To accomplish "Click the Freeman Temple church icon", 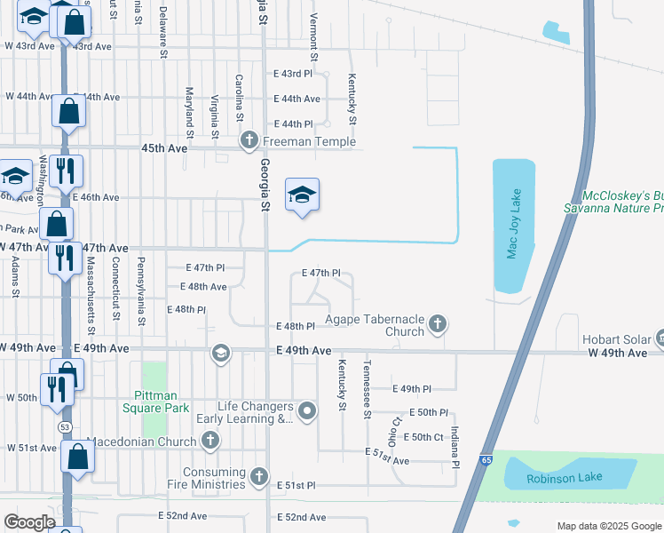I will coord(249,140).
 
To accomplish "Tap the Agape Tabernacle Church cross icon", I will coord(437,325).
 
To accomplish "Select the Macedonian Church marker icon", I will coord(210,441).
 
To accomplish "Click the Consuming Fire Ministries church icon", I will coord(259,477).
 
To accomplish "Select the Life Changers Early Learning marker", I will coord(307,410).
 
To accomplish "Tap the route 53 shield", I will coord(64,426).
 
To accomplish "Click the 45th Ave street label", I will coord(164,148).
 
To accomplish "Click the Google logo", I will coord(29,522).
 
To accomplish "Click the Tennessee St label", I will coord(366,390).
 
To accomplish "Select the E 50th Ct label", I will coord(423,437).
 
